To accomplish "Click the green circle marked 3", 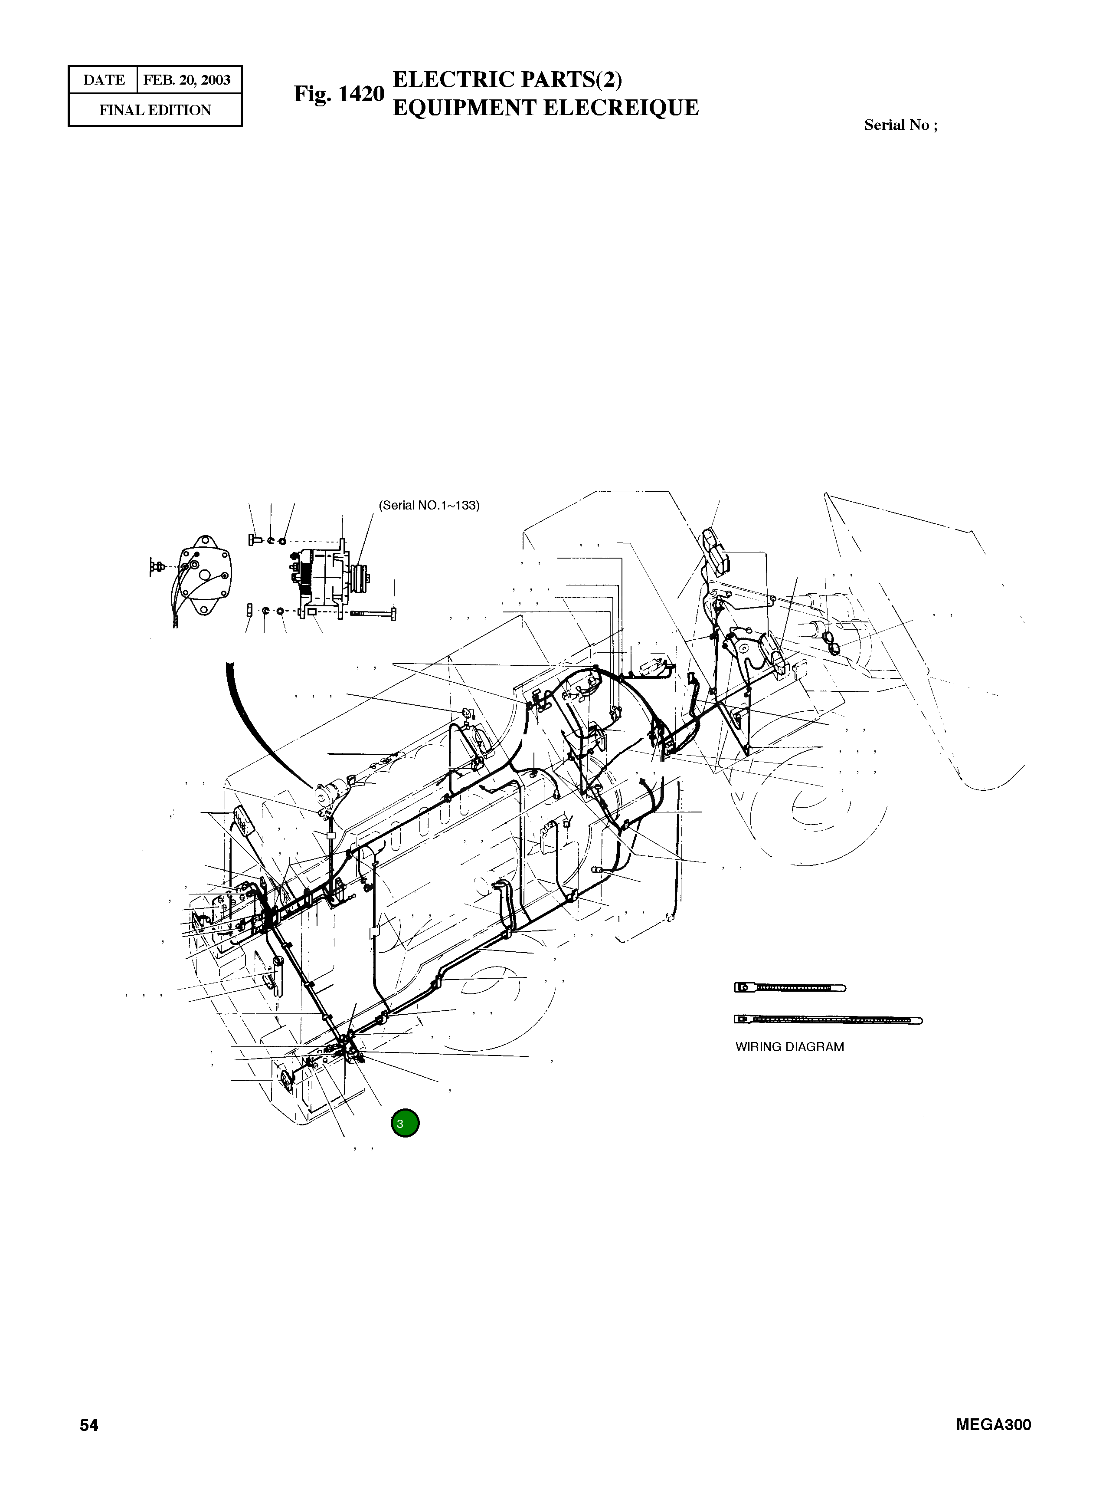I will pos(405,1123).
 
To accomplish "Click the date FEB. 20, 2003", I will pos(187,80).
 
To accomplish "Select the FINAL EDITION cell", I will pos(155,110).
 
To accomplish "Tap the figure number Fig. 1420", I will pos(339,94).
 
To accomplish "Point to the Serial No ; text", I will pos(900,125).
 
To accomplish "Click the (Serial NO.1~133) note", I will pos(429,506).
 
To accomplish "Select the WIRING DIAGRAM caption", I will pos(789,1047).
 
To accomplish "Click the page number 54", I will pos(89,1425).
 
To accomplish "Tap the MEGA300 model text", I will pos(993,1425).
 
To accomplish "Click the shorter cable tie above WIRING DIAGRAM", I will pos(789,988).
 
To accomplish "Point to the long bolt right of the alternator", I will pos(373,615).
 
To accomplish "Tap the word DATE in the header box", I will pos(104,80).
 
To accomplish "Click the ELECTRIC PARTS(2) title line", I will pos(507,80).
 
